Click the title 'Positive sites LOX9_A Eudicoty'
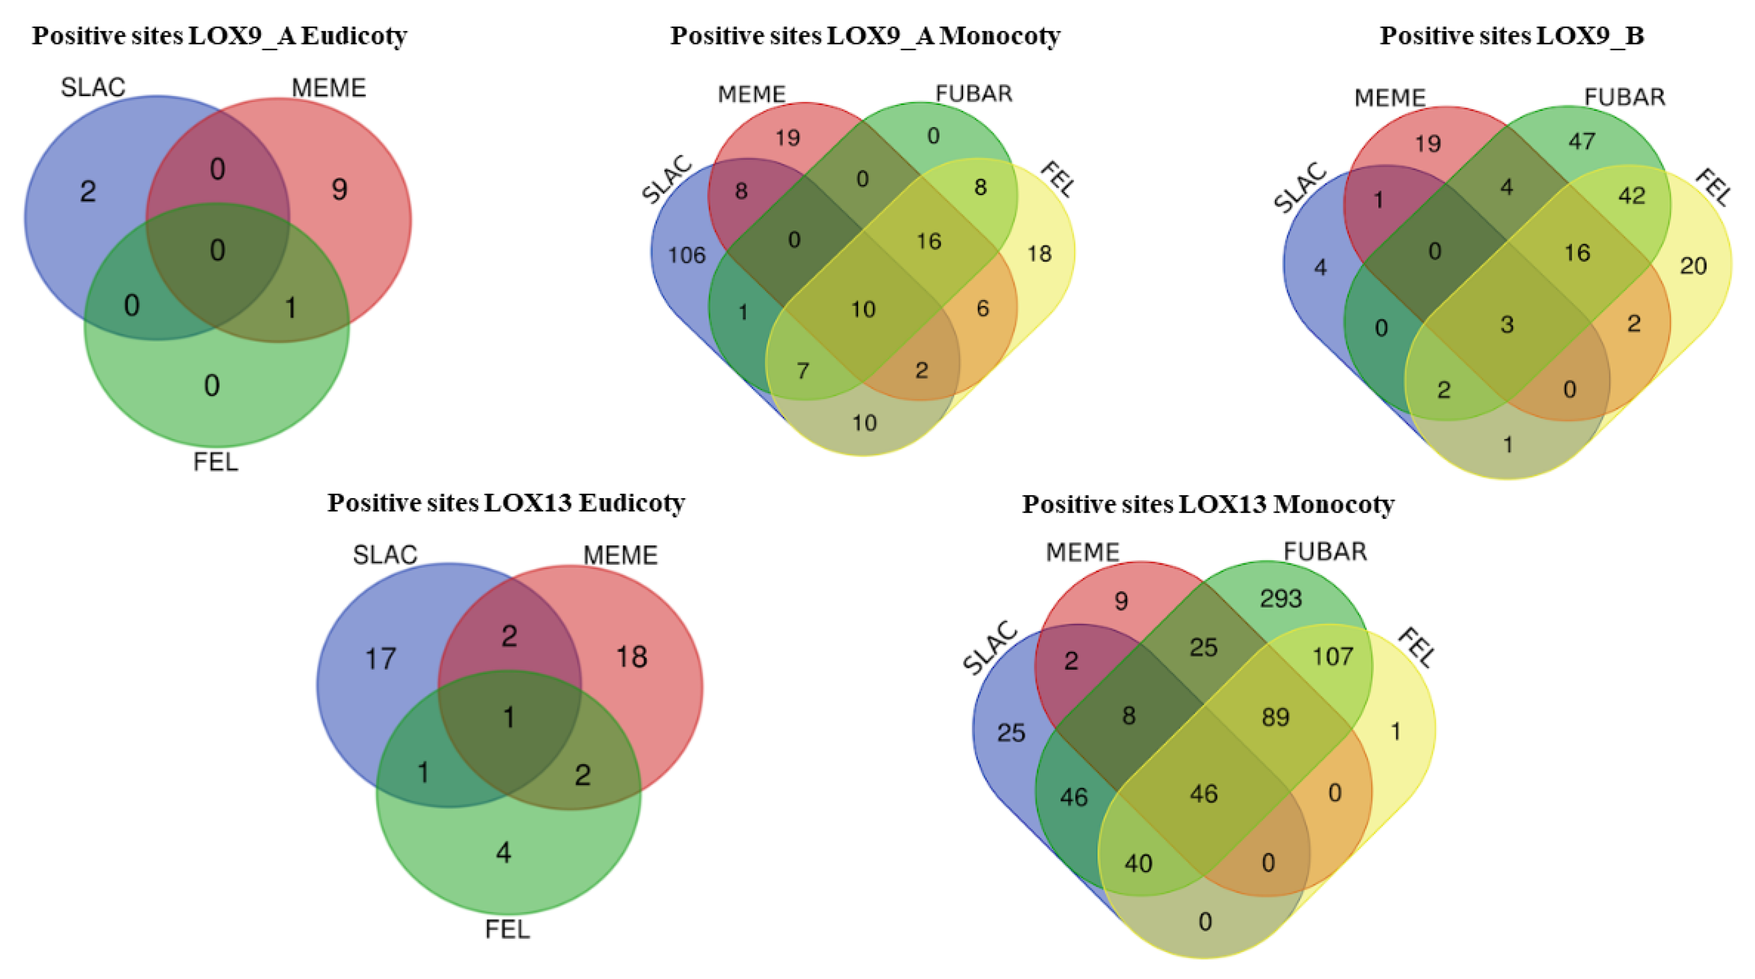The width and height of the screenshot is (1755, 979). pyautogui.click(x=219, y=35)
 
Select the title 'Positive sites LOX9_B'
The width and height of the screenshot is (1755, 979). pyautogui.click(x=1511, y=35)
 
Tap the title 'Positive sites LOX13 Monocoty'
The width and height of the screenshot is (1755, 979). pyautogui.click(x=1208, y=504)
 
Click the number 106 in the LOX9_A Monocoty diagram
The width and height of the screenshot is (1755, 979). pyautogui.click(x=686, y=255)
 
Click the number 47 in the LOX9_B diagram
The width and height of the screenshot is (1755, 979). pyautogui.click(x=1581, y=142)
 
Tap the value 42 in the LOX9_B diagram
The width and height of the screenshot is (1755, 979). pyautogui.click(x=1632, y=196)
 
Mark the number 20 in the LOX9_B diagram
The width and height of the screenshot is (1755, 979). pyautogui.click(x=1693, y=266)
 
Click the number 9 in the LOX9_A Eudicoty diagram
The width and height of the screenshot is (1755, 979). pyautogui.click(x=339, y=189)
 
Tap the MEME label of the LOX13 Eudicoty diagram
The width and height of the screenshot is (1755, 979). pyautogui.click(x=620, y=556)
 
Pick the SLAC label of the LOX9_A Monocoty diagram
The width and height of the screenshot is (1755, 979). pyautogui.click(x=667, y=180)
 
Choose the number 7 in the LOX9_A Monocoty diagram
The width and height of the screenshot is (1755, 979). pyautogui.click(x=803, y=371)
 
